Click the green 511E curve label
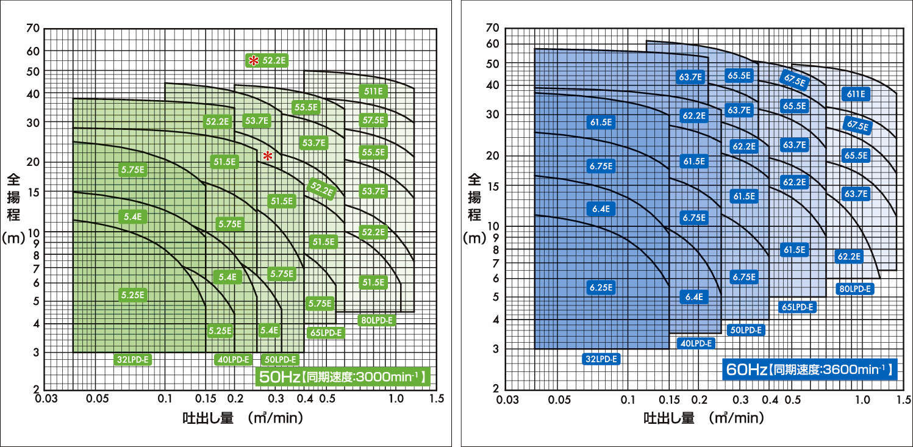pos(373,91)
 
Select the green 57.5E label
pos(373,120)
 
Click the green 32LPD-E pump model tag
pos(132,360)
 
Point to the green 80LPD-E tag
pos(377,319)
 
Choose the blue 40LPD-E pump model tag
pos(696,343)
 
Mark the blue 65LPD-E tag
pos(797,307)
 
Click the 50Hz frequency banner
pos(342,376)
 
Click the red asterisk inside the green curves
pos(267,157)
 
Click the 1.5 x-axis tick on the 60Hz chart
pos(899,399)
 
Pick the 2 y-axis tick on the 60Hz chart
pos(495,388)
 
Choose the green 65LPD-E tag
pos(326,332)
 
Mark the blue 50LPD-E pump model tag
pos(745,330)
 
